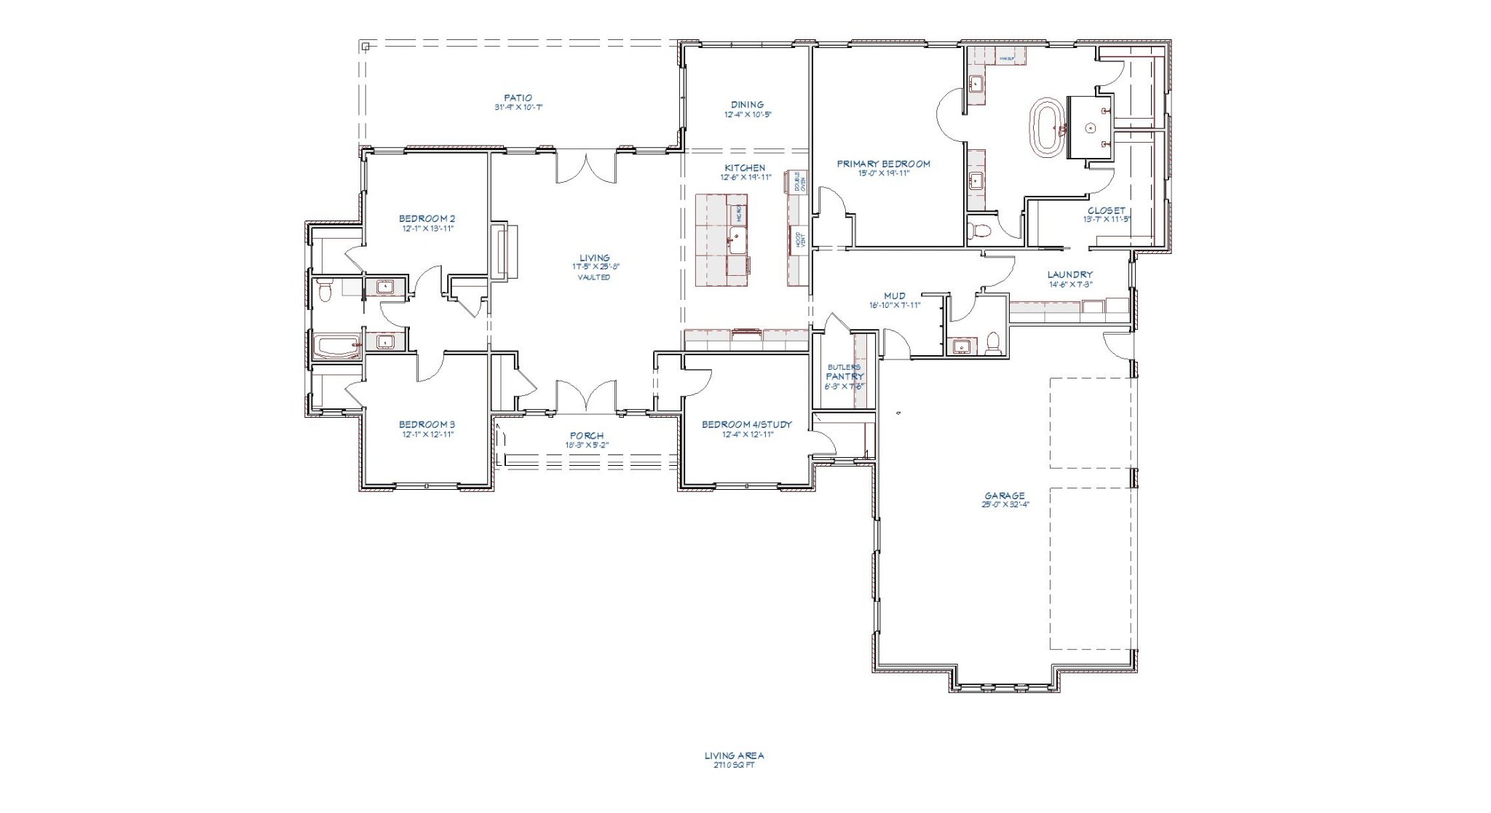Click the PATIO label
coord(518,98)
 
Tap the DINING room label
coord(747,105)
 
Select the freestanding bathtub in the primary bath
coord(1045,127)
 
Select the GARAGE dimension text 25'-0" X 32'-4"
coord(1005,504)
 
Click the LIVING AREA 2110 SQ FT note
coord(734,760)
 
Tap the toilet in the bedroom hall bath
coord(325,291)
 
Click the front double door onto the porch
coord(587,397)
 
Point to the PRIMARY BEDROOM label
coord(883,164)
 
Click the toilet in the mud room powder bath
coord(993,344)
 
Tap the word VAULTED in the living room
coord(594,277)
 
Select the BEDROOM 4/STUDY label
coord(746,424)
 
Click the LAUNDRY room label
coord(1069,274)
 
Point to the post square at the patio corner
coord(365,47)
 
